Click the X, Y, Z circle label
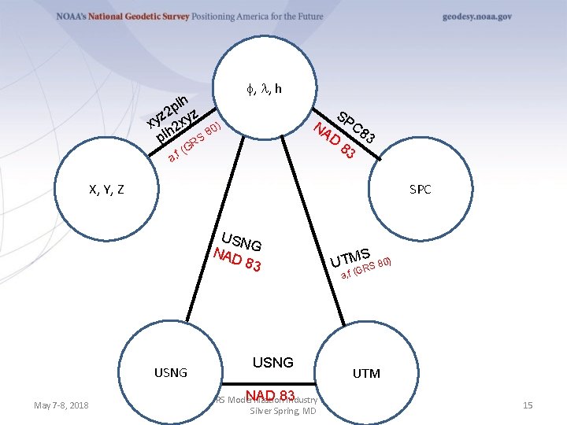pos(106,190)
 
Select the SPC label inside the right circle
pos(420,190)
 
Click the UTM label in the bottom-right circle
pos(366,373)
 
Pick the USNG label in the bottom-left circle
pos(170,372)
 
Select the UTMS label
pos(351,257)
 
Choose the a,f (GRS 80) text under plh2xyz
pos(197,142)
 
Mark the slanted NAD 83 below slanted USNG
pos(237,259)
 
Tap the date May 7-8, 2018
pos(61,405)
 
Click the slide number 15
pos(528,405)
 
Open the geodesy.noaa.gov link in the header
pos(476,17)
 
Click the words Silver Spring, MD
pos(283,412)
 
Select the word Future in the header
pos(308,17)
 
